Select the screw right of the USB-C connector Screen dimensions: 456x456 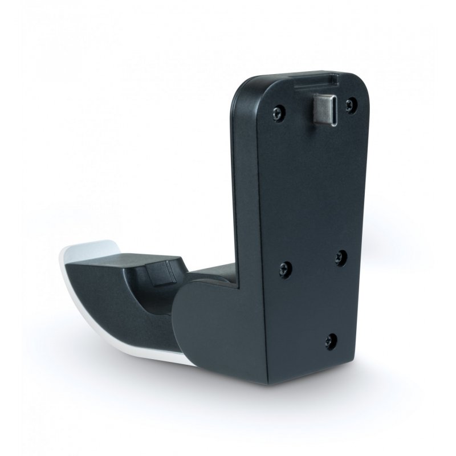(x=352, y=104)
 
